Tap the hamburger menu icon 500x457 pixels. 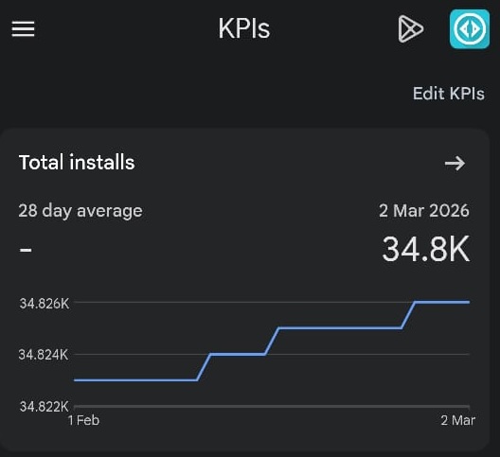(x=23, y=28)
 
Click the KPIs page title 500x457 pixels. (x=244, y=29)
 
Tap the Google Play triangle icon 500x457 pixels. (x=409, y=29)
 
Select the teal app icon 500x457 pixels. (x=469, y=28)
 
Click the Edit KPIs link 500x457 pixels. (x=448, y=94)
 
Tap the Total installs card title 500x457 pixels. (x=77, y=163)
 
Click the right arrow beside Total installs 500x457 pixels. (x=455, y=164)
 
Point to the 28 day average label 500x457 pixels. (x=80, y=210)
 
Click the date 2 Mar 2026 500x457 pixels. (x=423, y=210)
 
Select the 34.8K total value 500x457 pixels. (x=425, y=250)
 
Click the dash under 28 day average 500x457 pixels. (x=26, y=251)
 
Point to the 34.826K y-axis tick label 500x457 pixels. (x=45, y=304)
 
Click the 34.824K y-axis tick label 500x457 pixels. (x=45, y=355)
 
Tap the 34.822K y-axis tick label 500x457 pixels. (x=45, y=407)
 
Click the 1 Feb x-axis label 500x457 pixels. (x=83, y=420)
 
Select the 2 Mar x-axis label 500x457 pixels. (x=457, y=420)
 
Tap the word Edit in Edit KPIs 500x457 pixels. (x=428, y=94)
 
